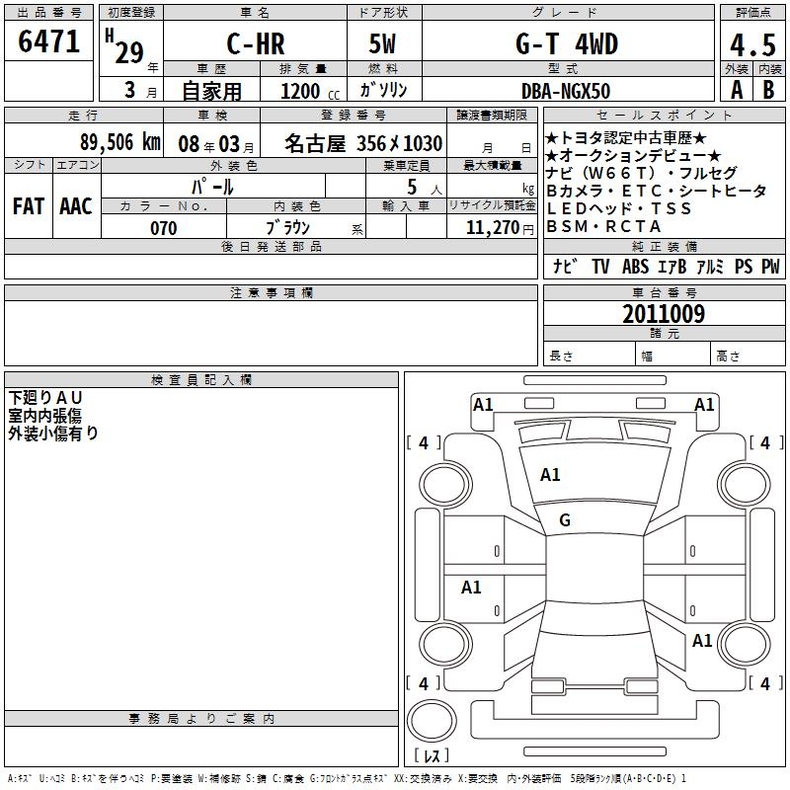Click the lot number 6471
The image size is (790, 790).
(x=48, y=41)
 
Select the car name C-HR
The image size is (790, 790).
(x=256, y=43)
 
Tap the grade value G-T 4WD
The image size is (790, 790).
(x=567, y=43)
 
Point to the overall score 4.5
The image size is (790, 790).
(x=752, y=45)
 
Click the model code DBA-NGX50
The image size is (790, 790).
(x=566, y=91)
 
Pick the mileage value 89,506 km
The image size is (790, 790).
(x=119, y=142)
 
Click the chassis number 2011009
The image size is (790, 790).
(x=664, y=314)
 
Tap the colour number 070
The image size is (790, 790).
(x=164, y=228)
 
